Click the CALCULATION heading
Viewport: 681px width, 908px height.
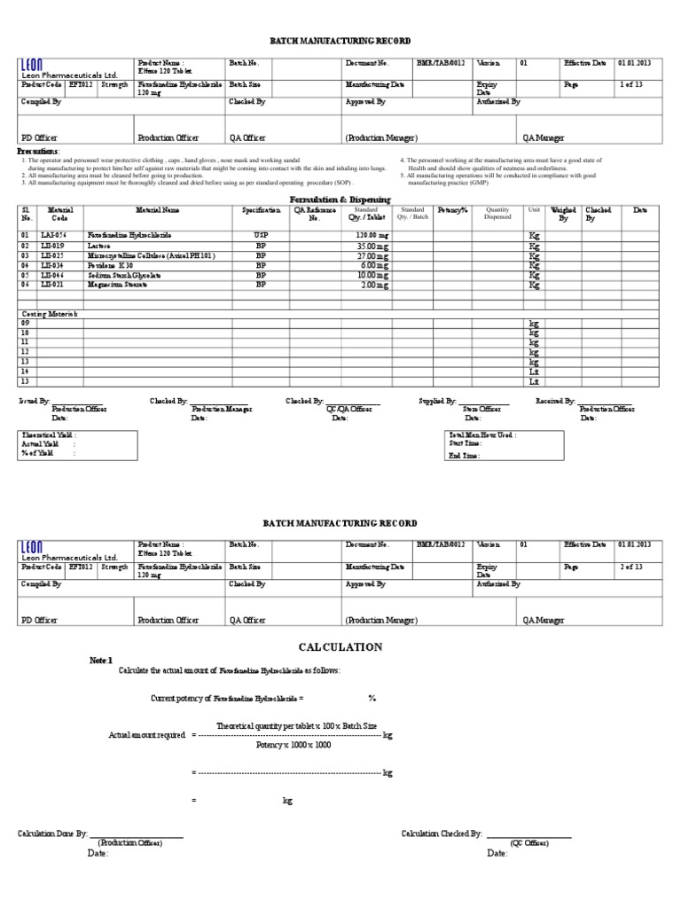click(340, 647)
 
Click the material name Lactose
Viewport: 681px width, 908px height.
click(99, 246)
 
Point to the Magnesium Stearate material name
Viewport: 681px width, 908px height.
click(117, 285)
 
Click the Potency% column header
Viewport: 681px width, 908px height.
click(451, 211)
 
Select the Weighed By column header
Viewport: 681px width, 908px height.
click(564, 214)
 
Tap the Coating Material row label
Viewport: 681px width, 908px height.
click(49, 314)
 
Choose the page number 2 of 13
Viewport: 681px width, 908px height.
click(631, 565)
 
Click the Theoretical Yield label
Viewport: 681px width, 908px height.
click(49, 435)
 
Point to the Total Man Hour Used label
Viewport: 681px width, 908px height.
click(483, 435)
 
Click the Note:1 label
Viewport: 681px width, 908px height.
click(102, 661)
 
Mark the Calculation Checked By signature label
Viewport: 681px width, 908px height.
click(442, 834)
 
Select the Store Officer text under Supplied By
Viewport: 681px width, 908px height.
click(484, 409)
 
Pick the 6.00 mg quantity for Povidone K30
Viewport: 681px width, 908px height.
click(374, 265)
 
